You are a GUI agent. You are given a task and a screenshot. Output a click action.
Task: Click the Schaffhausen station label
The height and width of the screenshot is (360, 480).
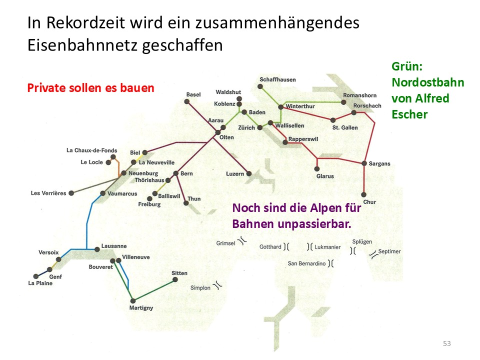click(277, 79)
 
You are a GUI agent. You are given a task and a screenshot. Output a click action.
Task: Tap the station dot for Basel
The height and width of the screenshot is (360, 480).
click(187, 101)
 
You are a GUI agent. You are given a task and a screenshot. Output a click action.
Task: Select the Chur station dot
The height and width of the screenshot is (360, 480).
click(364, 195)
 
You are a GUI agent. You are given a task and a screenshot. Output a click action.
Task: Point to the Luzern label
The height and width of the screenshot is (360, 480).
click(234, 174)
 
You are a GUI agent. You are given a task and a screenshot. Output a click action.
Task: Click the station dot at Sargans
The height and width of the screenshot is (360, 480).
click(364, 163)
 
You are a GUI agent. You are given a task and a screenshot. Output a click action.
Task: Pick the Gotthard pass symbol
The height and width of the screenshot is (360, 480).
click(286, 246)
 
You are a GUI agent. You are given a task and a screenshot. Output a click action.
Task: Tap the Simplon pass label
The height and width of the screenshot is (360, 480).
click(200, 288)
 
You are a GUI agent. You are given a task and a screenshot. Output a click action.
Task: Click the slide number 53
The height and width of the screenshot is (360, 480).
click(447, 343)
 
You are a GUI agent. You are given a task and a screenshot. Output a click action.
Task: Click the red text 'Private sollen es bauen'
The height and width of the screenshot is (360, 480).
click(90, 88)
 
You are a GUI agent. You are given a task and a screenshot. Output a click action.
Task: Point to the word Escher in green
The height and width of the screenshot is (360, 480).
click(409, 114)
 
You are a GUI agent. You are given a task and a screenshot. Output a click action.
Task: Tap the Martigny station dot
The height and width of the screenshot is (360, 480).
click(132, 301)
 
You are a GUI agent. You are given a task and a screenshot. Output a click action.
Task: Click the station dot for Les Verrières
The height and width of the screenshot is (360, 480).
click(71, 193)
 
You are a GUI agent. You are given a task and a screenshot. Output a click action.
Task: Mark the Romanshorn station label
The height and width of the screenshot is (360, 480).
click(359, 95)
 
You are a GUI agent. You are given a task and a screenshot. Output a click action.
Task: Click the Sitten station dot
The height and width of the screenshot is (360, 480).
click(175, 280)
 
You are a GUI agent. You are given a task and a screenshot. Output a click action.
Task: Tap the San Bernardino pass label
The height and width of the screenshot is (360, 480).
click(306, 263)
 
